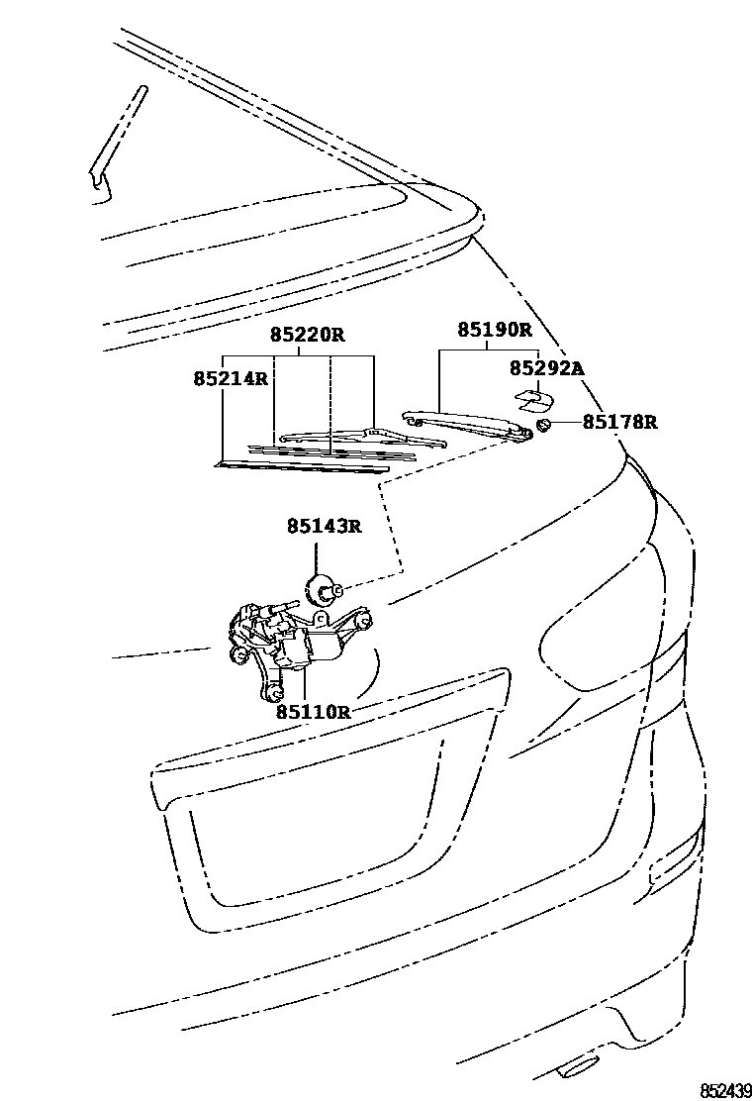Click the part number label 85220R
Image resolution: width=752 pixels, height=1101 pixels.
(308, 336)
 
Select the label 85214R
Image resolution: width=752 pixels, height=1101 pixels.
(231, 378)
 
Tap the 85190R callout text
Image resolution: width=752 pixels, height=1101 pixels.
(494, 330)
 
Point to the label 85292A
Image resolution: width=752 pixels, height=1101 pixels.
(547, 369)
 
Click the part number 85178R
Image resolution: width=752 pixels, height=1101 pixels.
(619, 423)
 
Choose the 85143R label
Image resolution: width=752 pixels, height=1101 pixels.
(325, 526)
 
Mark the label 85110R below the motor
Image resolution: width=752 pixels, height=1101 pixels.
(314, 711)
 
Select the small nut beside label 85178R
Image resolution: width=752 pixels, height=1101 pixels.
(543, 426)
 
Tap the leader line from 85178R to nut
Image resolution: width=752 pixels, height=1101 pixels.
(565, 424)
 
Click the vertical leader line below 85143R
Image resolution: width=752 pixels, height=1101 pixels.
(320, 555)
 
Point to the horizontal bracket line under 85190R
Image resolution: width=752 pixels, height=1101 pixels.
(487, 349)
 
